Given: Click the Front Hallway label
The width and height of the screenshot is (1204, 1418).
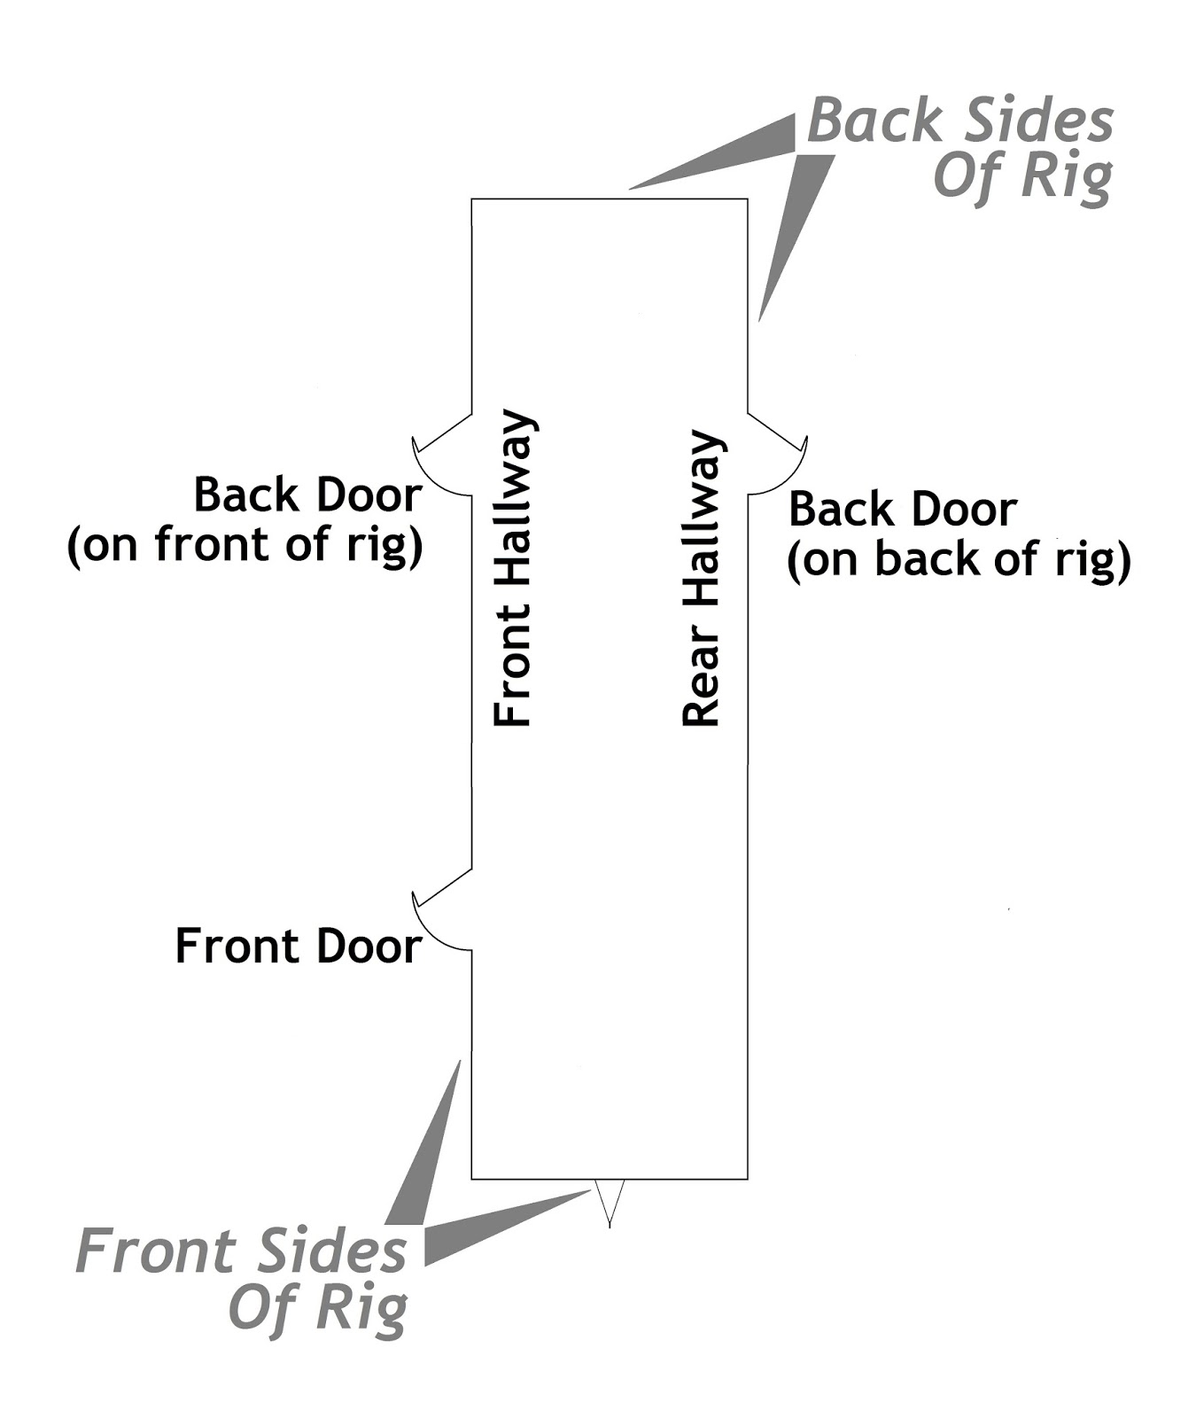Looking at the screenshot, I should point(513,569).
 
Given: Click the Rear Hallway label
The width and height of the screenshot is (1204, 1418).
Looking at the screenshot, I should point(701,579).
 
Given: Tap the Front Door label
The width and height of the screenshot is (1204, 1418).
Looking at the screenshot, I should point(298,947).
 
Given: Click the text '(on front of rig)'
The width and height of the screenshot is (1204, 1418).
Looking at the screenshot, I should point(245,544).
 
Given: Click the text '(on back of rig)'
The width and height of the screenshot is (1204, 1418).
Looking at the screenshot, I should point(959,560).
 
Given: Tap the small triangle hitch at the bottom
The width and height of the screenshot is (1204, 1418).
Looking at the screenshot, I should point(610,1199).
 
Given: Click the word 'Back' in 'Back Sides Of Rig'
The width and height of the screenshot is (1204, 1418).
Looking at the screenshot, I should point(875,121).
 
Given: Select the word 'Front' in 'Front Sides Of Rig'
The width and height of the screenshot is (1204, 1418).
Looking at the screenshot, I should point(153,1251).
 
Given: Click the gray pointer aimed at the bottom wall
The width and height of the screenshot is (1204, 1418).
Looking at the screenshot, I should point(496,1227).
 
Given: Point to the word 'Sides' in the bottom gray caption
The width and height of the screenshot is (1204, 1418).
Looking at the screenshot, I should point(333,1251).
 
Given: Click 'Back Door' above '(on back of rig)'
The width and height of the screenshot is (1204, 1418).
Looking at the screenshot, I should point(902,510).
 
